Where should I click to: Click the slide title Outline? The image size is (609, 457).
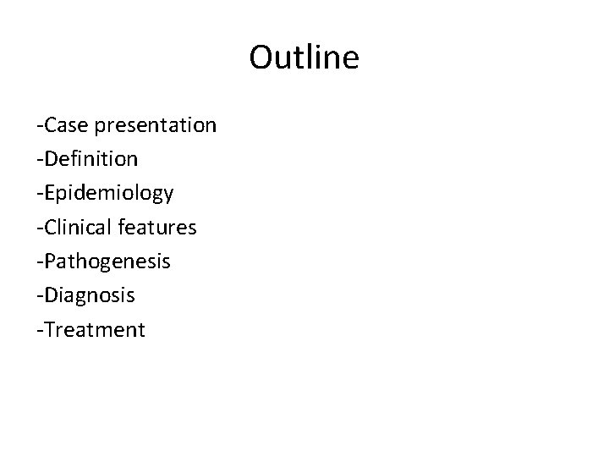pyautogui.click(x=304, y=58)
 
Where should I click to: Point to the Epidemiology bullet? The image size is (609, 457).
pyautogui.click(x=105, y=194)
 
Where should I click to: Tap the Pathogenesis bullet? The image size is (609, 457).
pyautogui.click(x=103, y=262)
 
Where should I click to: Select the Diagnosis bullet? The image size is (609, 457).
pyautogui.click(x=85, y=295)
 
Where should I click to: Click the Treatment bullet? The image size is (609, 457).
pyautogui.click(x=91, y=329)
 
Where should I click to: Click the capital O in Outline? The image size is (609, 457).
pyautogui.click(x=262, y=58)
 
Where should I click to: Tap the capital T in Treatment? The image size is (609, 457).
pyautogui.click(x=48, y=328)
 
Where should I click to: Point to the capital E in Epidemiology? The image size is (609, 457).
pyautogui.click(x=49, y=192)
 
